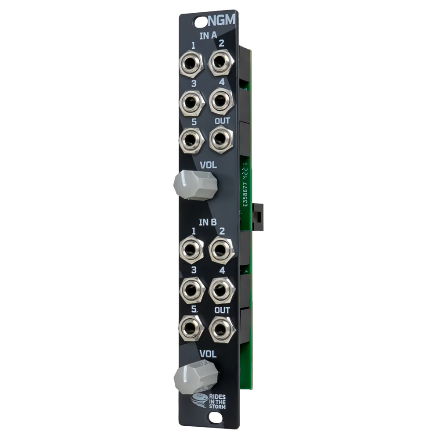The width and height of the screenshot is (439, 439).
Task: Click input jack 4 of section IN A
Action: [220, 101]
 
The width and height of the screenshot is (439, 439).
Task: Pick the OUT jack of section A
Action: [220, 139]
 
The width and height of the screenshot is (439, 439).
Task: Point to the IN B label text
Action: [207, 223]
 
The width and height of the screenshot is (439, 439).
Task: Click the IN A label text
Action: [207, 36]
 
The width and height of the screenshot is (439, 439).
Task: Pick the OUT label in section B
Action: [222, 310]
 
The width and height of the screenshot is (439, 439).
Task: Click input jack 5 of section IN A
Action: [191, 140]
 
